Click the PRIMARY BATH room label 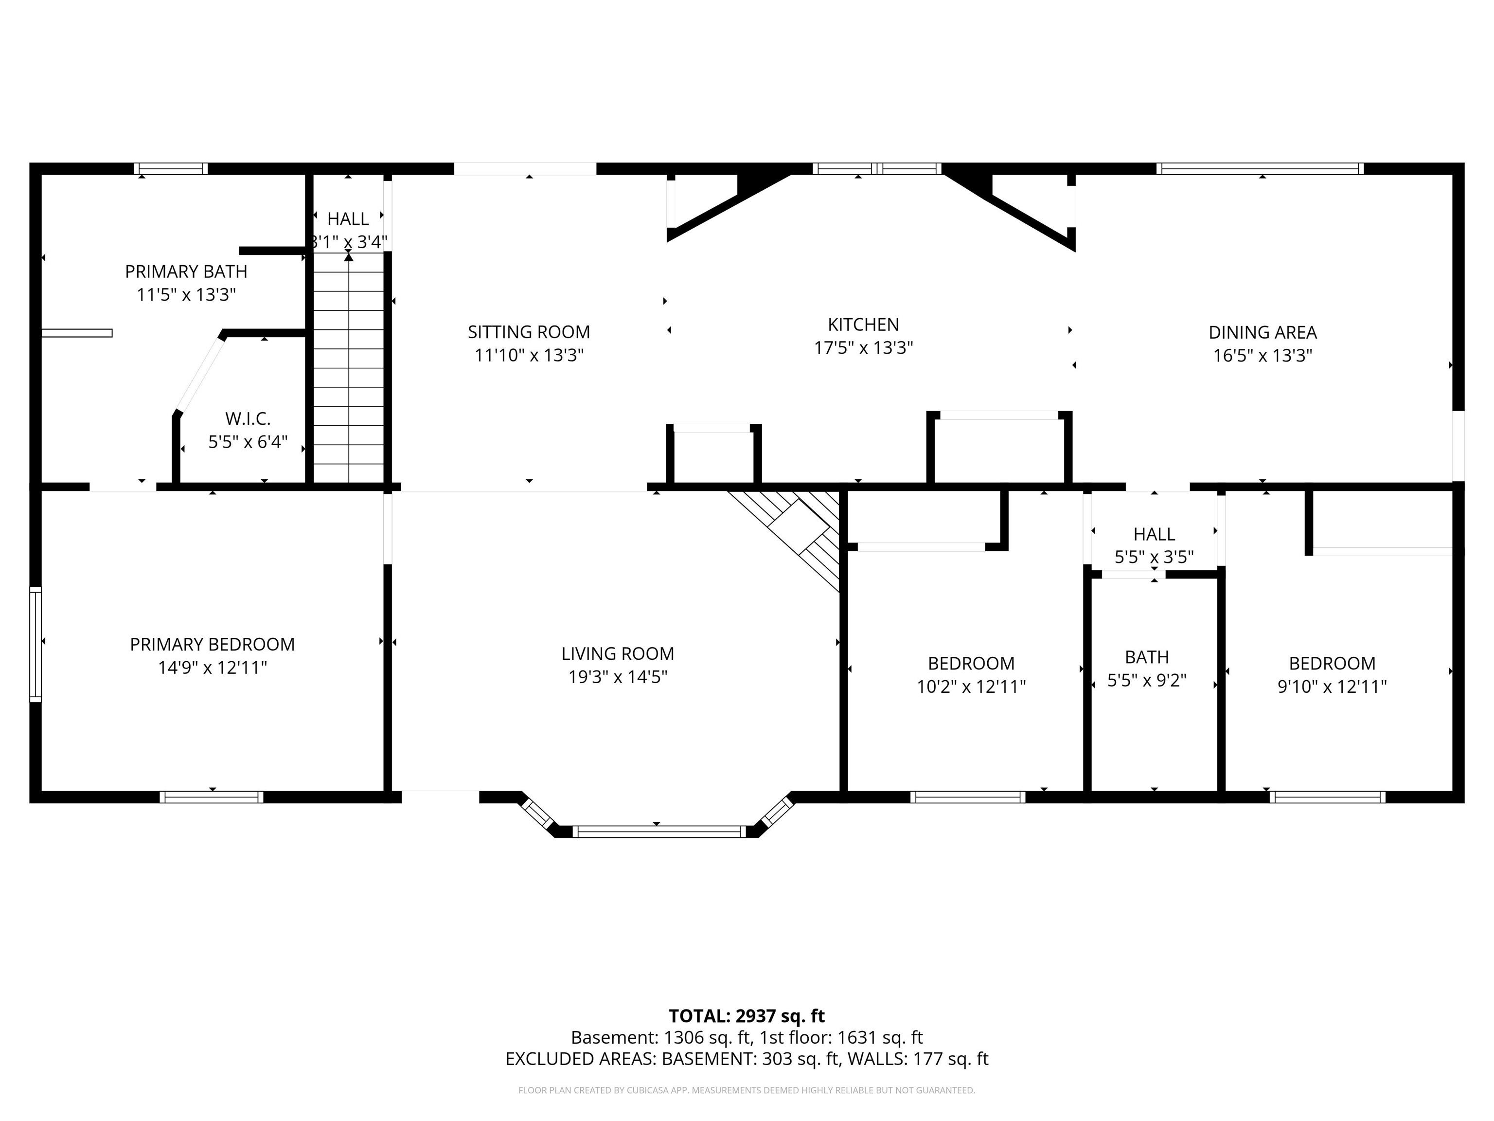coord(186,271)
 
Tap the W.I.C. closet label coord(248,419)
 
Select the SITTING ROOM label coord(529,332)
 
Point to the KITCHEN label coord(863,325)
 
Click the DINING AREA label coord(1263,332)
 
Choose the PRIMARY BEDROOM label coord(212,645)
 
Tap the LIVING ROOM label coord(617,653)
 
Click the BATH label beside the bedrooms coord(1147,657)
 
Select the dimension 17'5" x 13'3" coord(863,348)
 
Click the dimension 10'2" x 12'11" coord(971,687)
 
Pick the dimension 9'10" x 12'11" coord(1332,687)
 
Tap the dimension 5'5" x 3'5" coord(1154,557)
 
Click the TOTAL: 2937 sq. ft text coord(747,1016)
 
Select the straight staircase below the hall coord(349,368)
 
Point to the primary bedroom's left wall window coord(35,645)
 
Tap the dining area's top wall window coord(1260,169)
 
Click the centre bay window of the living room coord(659,832)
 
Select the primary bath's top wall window coord(170,169)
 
